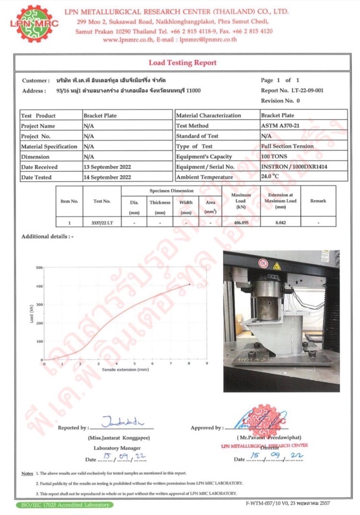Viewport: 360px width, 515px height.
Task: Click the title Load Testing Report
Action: click(x=182, y=62)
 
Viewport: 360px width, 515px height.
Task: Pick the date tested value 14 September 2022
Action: click(x=108, y=177)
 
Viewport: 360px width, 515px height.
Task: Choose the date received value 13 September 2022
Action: click(x=108, y=167)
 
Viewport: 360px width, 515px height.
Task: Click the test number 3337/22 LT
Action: click(x=102, y=222)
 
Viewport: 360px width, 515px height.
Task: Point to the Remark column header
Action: click(x=318, y=201)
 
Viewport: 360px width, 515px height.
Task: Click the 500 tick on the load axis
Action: click(x=39, y=268)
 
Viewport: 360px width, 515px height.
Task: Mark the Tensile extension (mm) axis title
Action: click(x=125, y=370)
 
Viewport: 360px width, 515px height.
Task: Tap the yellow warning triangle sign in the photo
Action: click(x=276, y=265)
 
